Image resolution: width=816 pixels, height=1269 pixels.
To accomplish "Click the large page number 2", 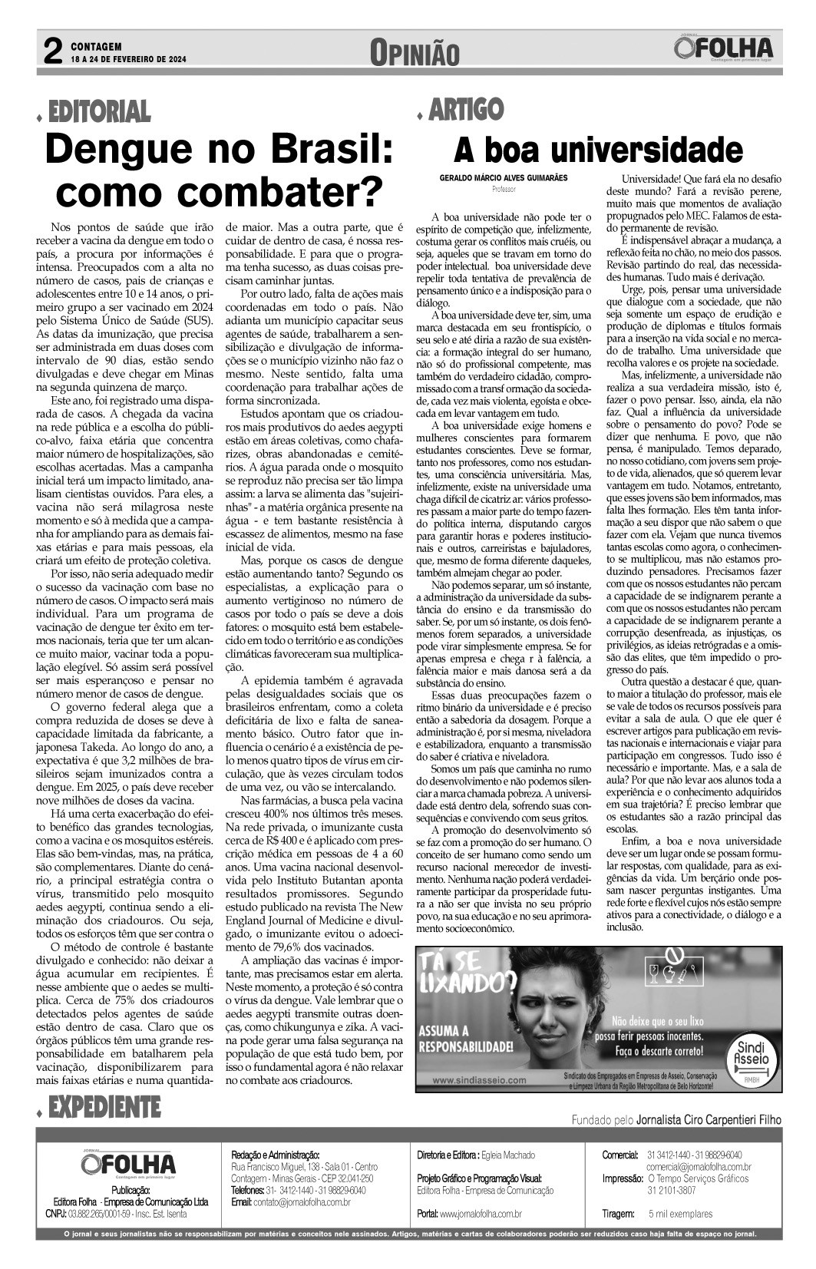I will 52,51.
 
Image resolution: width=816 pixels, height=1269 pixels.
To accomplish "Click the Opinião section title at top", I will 414,53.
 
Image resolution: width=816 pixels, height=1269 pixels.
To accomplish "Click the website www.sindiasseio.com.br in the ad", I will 480,1079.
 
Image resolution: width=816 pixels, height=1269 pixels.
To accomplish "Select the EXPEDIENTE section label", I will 104,1107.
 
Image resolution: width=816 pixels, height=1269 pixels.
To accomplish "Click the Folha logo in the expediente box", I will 128,1164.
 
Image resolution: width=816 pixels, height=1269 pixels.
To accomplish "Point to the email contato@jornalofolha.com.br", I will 302,1201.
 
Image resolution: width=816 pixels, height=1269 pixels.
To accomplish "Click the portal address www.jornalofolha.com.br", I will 480,1214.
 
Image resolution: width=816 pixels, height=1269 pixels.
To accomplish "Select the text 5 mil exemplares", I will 680,1214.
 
